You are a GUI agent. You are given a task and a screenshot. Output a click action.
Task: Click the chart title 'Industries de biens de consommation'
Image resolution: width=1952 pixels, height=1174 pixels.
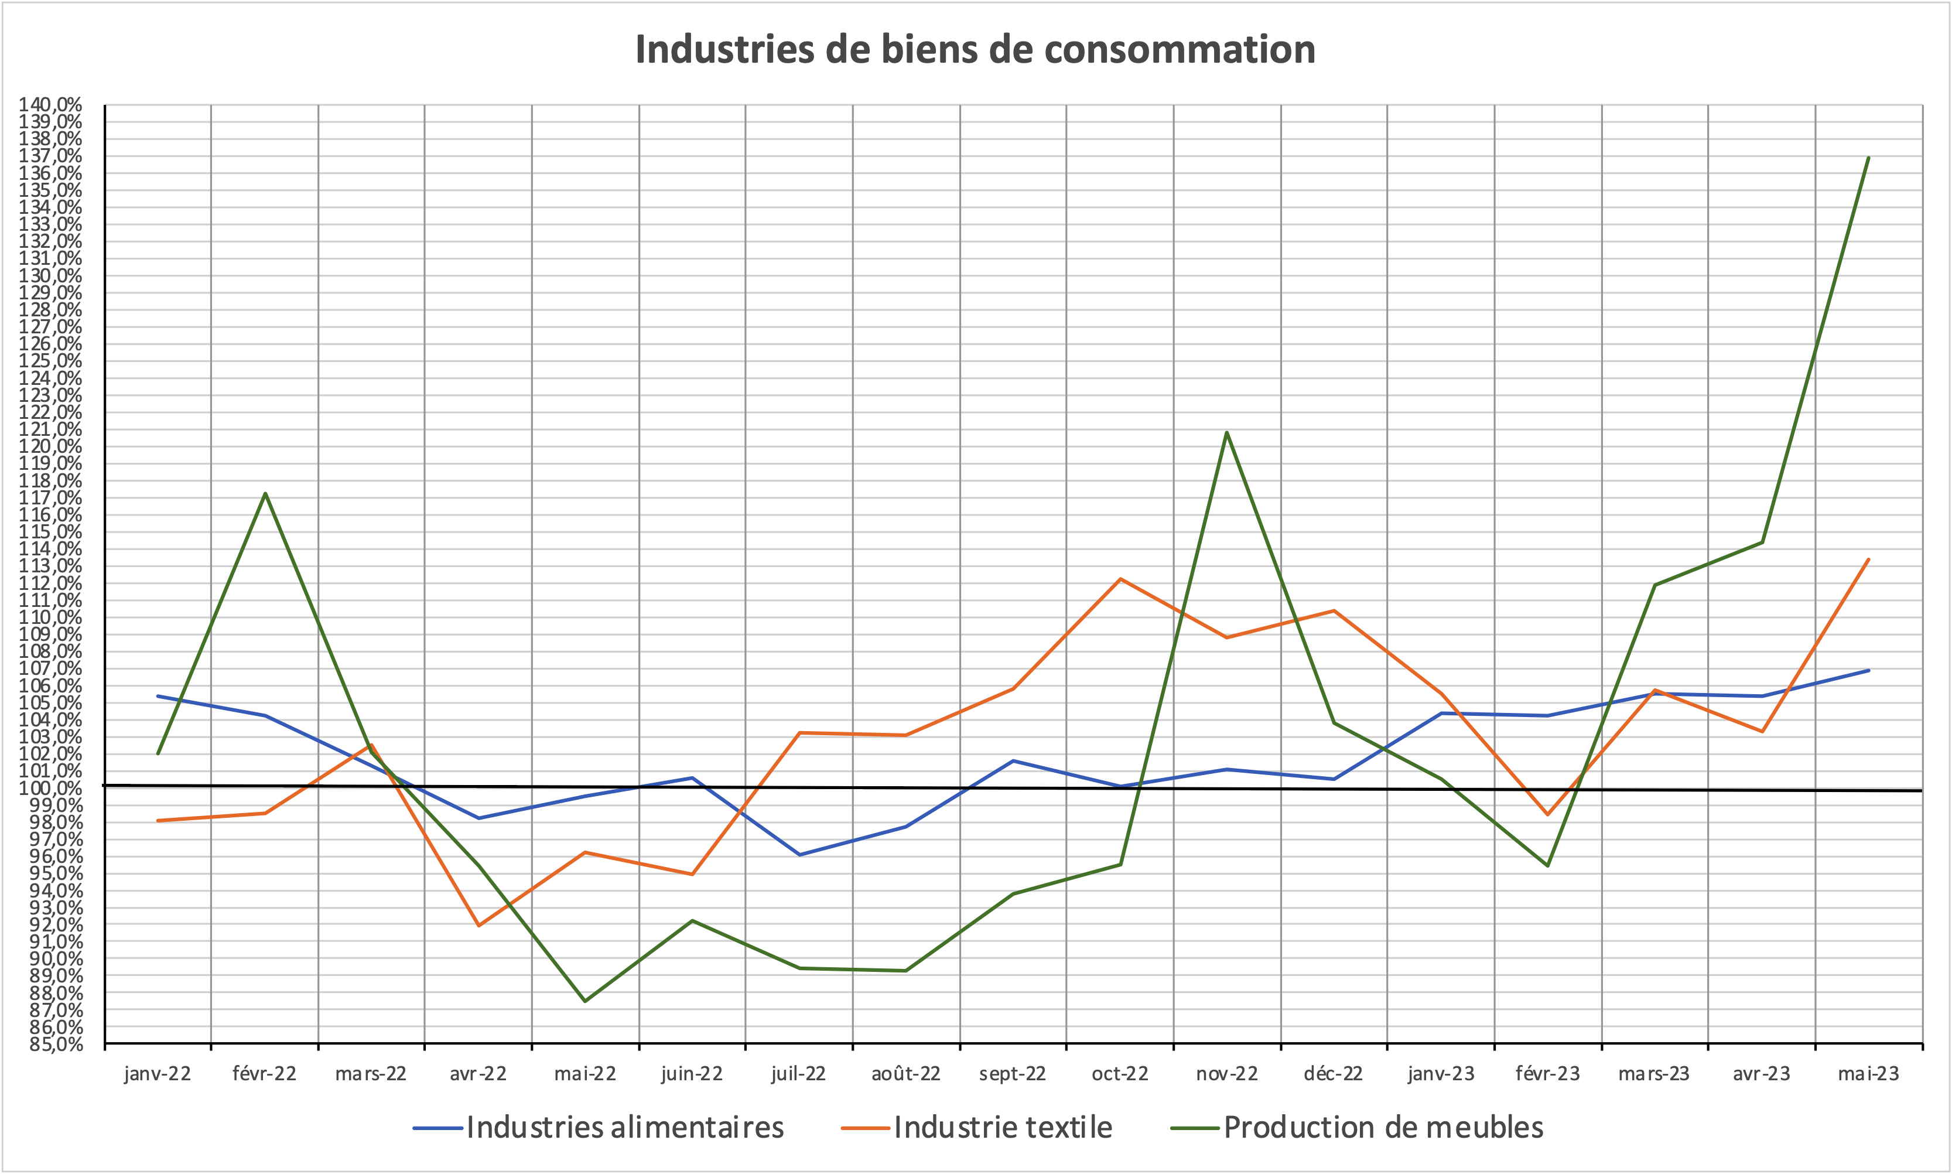pos(975,49)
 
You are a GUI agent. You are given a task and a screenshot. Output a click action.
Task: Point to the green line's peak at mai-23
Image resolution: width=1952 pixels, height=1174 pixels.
pos(1868,158)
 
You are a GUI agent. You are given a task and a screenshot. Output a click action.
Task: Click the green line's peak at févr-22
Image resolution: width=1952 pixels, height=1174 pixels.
pos(265,494)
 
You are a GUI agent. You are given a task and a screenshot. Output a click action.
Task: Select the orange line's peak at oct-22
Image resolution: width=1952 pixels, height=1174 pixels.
pos(1120,579)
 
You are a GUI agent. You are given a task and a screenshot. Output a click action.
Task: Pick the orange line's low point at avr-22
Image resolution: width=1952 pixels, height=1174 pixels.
pos(478,926)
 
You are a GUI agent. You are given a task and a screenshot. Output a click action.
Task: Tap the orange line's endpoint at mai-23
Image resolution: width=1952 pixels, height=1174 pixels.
pos(1868,559)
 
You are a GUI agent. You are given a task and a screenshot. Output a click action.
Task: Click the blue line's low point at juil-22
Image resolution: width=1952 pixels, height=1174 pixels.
pos(799,854)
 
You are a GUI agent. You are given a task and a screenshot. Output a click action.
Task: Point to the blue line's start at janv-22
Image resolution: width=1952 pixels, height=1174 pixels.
pos(158,696)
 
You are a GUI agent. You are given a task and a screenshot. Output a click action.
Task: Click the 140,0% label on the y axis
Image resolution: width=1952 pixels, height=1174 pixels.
pos(50,104)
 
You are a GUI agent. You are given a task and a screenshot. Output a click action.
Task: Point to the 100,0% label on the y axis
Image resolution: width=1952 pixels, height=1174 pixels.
pos(50,788)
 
